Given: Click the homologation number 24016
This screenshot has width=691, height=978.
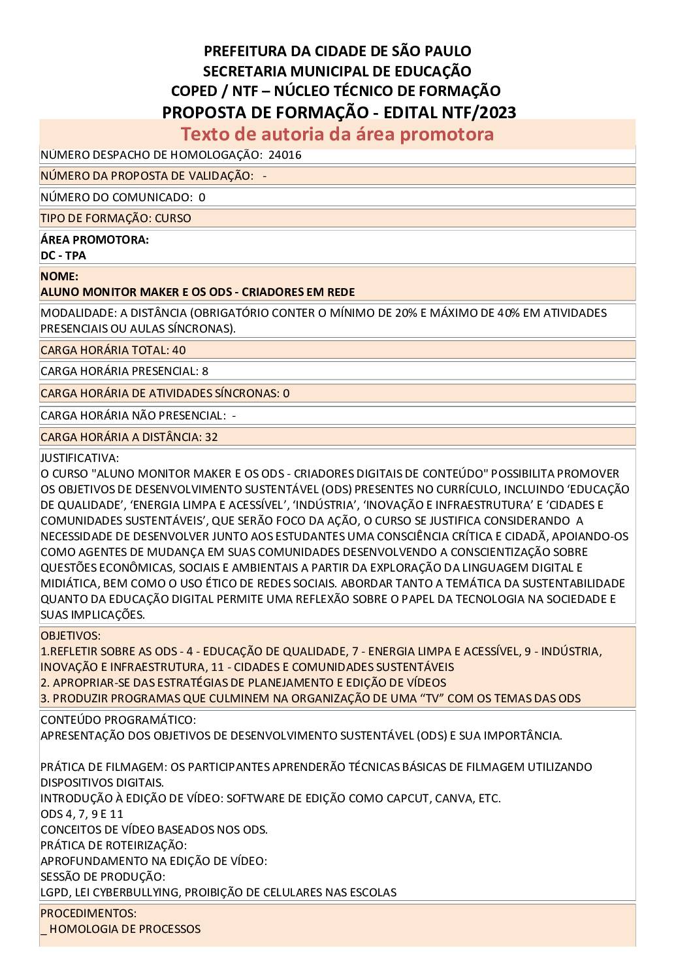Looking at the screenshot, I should click(x=285, y=155).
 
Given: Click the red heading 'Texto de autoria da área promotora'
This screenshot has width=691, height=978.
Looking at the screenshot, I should click(x=337, y=134).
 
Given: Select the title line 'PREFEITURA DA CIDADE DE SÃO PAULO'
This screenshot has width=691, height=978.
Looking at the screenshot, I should click(x=337, y=51).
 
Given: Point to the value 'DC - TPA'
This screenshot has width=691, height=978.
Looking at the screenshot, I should click(x=63, y=255).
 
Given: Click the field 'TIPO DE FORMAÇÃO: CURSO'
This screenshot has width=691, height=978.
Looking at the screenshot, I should click(x=116, y=218).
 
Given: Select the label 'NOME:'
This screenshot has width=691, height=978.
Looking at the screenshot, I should click(x=59, y=276).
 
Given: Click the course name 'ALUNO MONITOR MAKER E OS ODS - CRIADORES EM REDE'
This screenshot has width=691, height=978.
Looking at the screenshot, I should click(x=197, y=292).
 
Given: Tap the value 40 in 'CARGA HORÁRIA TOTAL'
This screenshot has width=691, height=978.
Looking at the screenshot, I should click(x=179, y=350).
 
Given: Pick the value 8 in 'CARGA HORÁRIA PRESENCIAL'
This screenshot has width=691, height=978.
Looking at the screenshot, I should click(x=205, y=371).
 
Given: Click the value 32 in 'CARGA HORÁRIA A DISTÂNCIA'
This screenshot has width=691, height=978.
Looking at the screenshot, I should click(x=211, y=437).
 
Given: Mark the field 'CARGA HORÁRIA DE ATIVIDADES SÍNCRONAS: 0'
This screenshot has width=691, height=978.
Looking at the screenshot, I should click(x=165, y=393).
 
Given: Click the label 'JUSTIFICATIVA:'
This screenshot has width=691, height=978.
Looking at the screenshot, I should click(x=80, y=458).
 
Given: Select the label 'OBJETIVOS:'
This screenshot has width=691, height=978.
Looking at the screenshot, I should click(x=71, y=636).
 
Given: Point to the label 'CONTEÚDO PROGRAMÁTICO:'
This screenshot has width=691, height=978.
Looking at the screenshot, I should click(x=118, y=720).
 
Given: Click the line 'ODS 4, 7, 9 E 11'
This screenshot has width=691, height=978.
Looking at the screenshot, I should click(x=82, y=814).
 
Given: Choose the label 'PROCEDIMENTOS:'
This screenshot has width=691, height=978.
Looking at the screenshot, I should click(x=88, y=913).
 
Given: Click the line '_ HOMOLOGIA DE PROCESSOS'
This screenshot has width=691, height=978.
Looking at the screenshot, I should click(x=120, y=929).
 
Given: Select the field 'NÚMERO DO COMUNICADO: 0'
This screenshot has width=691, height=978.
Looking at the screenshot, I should click(x=123, y=197).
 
